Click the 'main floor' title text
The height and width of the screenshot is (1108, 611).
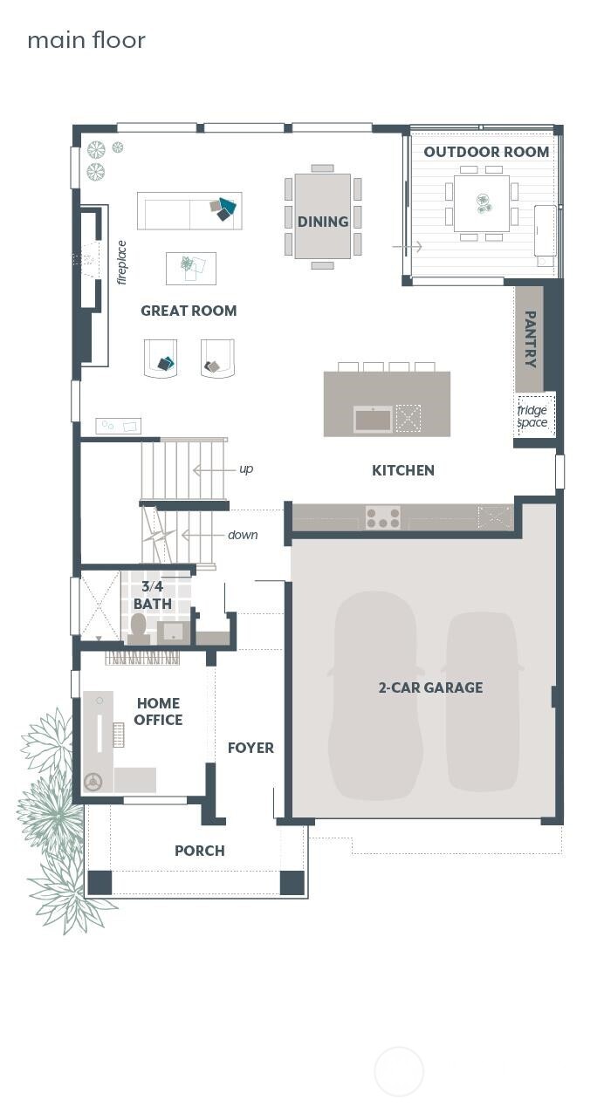click(86, 40)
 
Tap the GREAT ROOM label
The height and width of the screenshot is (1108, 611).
click(189, 311)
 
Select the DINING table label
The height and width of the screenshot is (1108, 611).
click(323, 222)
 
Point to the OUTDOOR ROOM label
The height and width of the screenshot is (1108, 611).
click(486, 152)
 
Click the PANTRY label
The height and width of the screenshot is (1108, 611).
click(529, 339)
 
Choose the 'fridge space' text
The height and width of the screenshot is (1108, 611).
click(532, 417)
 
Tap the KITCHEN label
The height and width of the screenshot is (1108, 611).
click(402, 470)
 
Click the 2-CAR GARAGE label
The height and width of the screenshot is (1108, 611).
click(430, 687)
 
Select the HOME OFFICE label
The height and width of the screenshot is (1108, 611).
click(158, 712)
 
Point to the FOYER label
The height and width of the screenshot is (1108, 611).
click(251, 748)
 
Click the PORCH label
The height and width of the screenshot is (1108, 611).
click(199, 851)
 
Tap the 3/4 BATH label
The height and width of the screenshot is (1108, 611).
click(153, 595)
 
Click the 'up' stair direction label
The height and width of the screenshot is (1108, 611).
click(246, 469)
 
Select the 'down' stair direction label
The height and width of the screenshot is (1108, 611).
click(243, 535)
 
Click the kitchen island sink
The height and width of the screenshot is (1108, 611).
click(373, 420)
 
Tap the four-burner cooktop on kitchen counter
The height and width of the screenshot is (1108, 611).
click(382, 518)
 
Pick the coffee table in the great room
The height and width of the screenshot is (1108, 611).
click(191, 268)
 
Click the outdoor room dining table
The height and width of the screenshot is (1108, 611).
click(481, 203)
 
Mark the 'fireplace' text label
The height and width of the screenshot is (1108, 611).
click(121, 262)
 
